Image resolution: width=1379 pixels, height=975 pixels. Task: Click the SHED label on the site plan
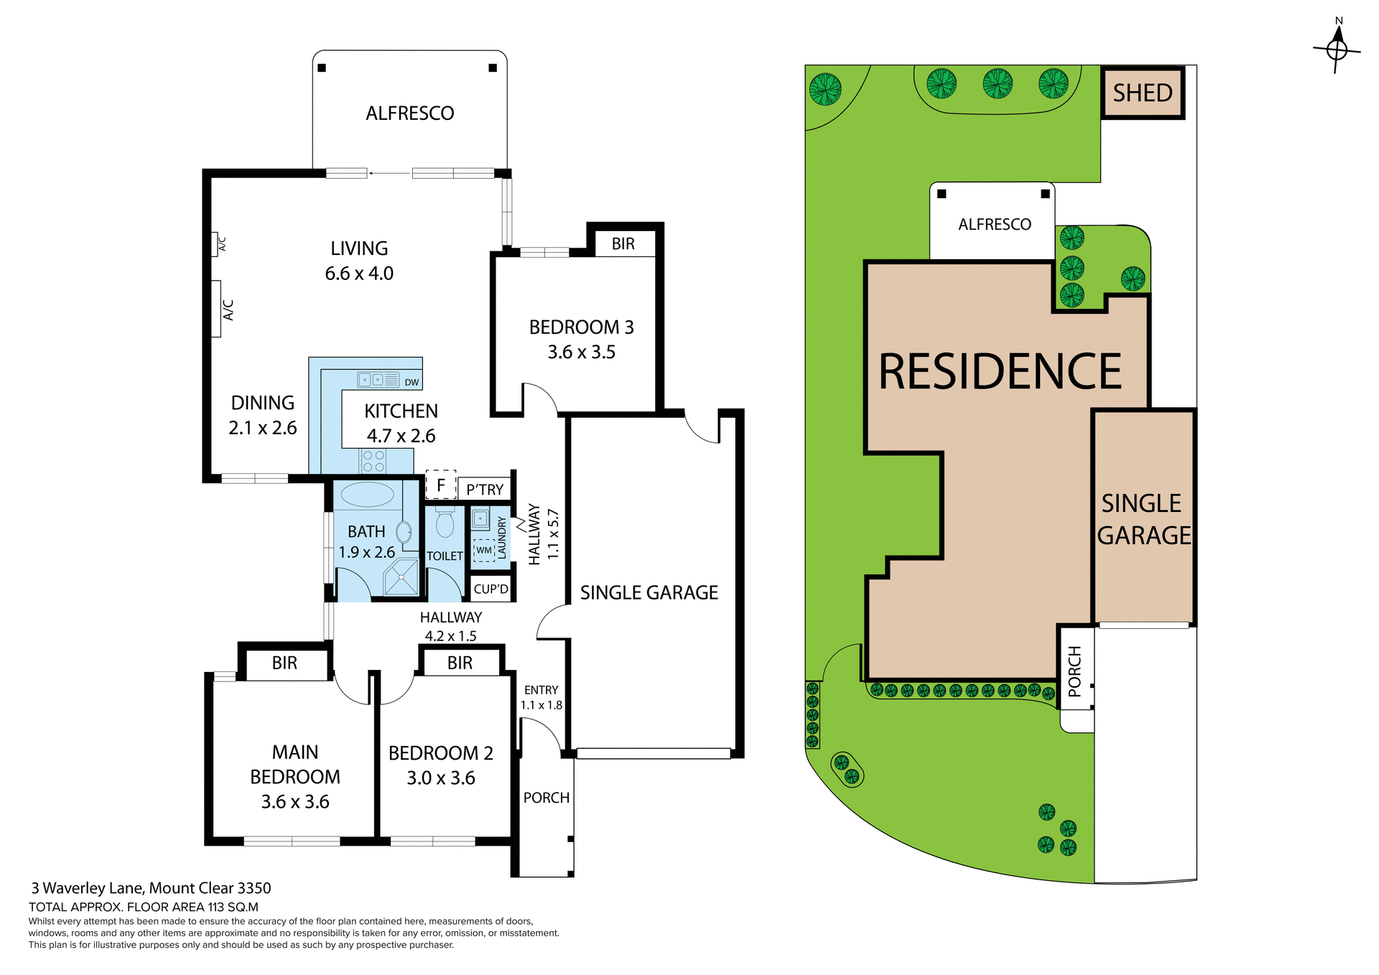click(1142, 93)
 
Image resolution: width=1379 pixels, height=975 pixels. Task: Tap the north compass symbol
click(1337, 48)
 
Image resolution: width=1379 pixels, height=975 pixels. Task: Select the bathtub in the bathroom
click(367, 495)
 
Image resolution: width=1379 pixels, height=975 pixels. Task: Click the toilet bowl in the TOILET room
click(445, 523)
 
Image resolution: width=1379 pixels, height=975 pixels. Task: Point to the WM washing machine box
click(484, 551)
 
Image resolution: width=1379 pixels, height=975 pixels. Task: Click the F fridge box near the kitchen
click(441, 485)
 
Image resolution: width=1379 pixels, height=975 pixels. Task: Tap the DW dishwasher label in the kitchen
click(412, 382)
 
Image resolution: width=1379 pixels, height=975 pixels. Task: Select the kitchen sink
click(379, 379)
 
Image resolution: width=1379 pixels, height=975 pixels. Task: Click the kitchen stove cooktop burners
click(373, 461)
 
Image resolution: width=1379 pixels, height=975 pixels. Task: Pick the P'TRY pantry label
click(485, 490)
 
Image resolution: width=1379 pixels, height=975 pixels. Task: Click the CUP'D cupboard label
click(491, 589)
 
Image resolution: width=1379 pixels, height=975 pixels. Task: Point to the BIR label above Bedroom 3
click(623, 244)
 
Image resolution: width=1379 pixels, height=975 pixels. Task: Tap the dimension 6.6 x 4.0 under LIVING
click(359, 274)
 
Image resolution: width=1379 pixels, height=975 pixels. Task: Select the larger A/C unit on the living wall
click(216, 309)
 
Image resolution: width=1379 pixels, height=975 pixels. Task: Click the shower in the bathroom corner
click(401, 577)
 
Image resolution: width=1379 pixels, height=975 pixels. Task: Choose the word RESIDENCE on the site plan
click(999, 372)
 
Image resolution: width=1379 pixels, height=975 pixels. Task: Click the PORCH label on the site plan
click(1075, 671)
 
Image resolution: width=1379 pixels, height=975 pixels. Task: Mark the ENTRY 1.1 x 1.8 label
click(541, 697)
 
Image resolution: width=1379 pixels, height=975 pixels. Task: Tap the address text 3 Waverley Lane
click(151, 887)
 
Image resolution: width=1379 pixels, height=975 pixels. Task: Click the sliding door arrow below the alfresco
click(389, 173)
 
